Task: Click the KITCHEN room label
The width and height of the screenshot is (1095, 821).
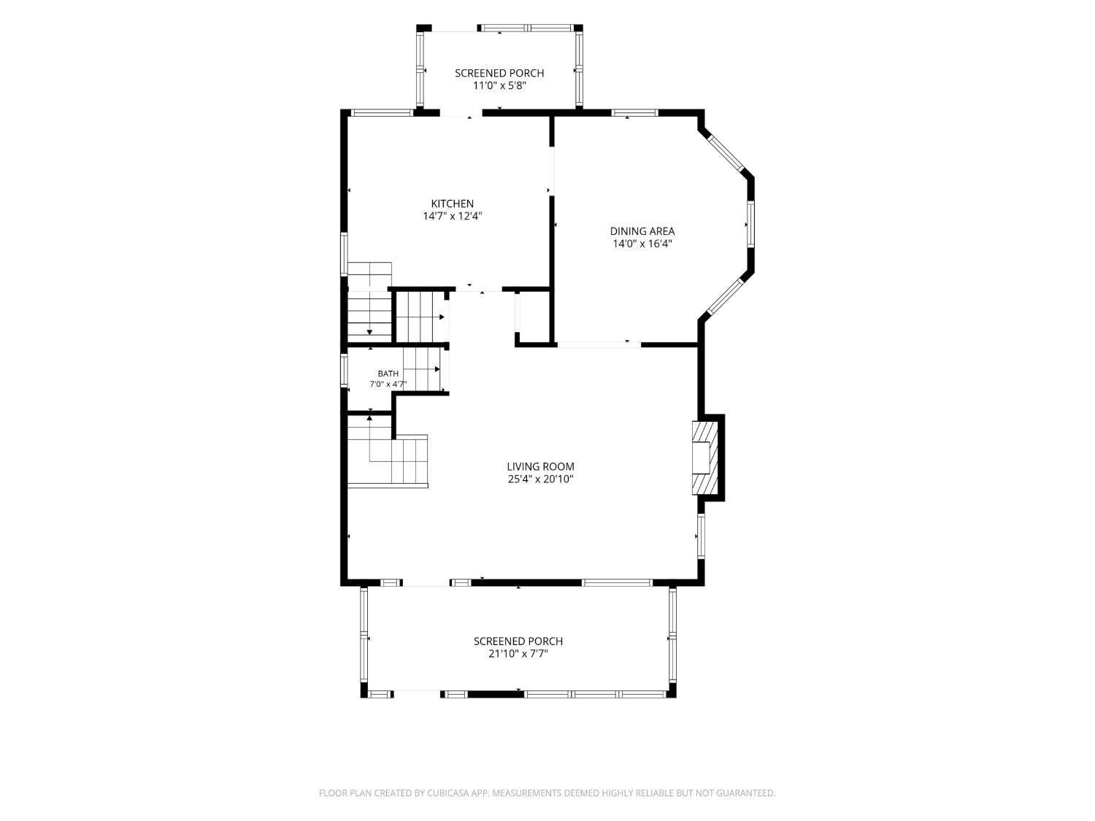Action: coord(452,204)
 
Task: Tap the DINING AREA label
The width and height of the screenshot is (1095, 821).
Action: coord(642,231)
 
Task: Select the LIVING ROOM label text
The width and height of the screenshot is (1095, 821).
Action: coord(540,466)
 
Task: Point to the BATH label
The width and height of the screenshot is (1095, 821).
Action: coord(388,374)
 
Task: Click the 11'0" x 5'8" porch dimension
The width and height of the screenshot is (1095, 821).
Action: coord(499,85)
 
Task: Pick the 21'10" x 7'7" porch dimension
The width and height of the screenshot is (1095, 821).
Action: coord(518,653)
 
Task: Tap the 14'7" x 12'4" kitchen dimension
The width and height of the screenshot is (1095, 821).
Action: coord(453,216)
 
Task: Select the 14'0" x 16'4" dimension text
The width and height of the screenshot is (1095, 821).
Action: coord(642,244)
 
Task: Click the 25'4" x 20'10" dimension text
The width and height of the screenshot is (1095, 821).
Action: coord(541,479)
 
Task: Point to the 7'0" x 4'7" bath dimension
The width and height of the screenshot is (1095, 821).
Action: coord(388,385)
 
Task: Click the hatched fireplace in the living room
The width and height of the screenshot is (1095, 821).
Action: coord(704,458)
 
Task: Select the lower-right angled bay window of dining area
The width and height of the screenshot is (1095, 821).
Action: coord(725,296)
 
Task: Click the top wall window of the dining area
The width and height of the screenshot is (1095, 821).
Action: coord(634,112)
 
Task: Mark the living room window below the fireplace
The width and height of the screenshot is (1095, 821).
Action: coord(700,536)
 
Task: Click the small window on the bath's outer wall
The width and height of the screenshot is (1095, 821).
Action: coord(345,370)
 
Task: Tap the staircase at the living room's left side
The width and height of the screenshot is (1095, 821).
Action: coord(388,451)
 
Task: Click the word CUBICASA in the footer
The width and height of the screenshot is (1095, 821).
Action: coord(448,793)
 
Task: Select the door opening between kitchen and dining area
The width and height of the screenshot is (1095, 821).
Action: coord(551,171)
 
